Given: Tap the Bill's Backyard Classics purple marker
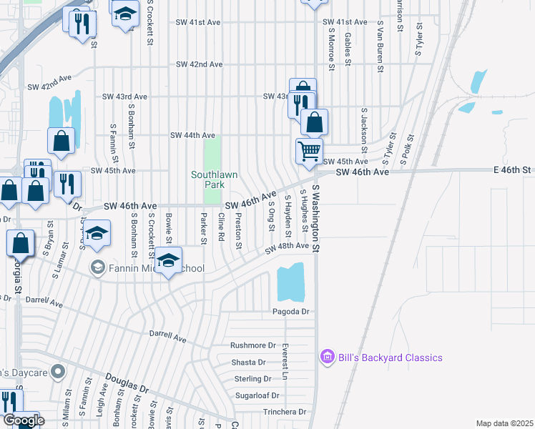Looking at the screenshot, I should (328, 356).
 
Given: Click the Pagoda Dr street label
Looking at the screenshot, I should (290, 312).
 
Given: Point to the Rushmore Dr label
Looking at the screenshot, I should (252, 345).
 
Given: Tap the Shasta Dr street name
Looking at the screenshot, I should (248, 363).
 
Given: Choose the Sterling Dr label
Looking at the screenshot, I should (252, 379).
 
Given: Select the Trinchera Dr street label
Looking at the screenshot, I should (284, 412).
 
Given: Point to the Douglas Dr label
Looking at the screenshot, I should (126, 385).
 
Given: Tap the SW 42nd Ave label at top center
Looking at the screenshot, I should (200, 64).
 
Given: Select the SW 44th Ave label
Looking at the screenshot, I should (192, 135).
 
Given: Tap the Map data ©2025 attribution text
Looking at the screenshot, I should (504, 423).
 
